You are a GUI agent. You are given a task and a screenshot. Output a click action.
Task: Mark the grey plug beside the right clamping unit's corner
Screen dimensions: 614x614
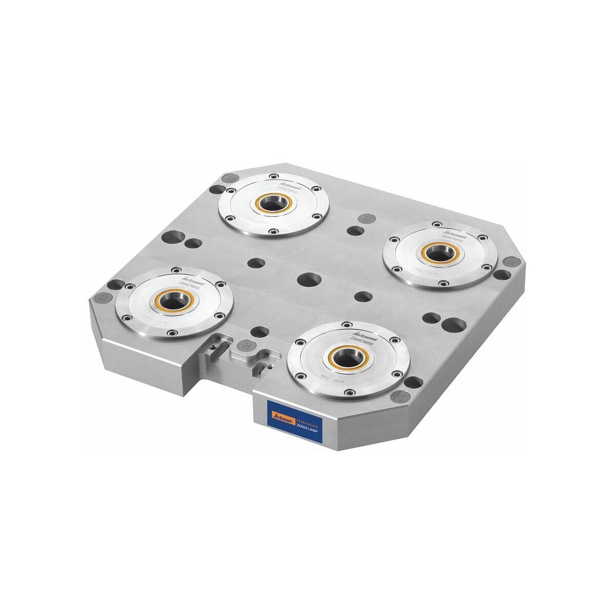click(509, 262)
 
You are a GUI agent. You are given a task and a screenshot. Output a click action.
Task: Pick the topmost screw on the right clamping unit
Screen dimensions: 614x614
click(436, 224)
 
